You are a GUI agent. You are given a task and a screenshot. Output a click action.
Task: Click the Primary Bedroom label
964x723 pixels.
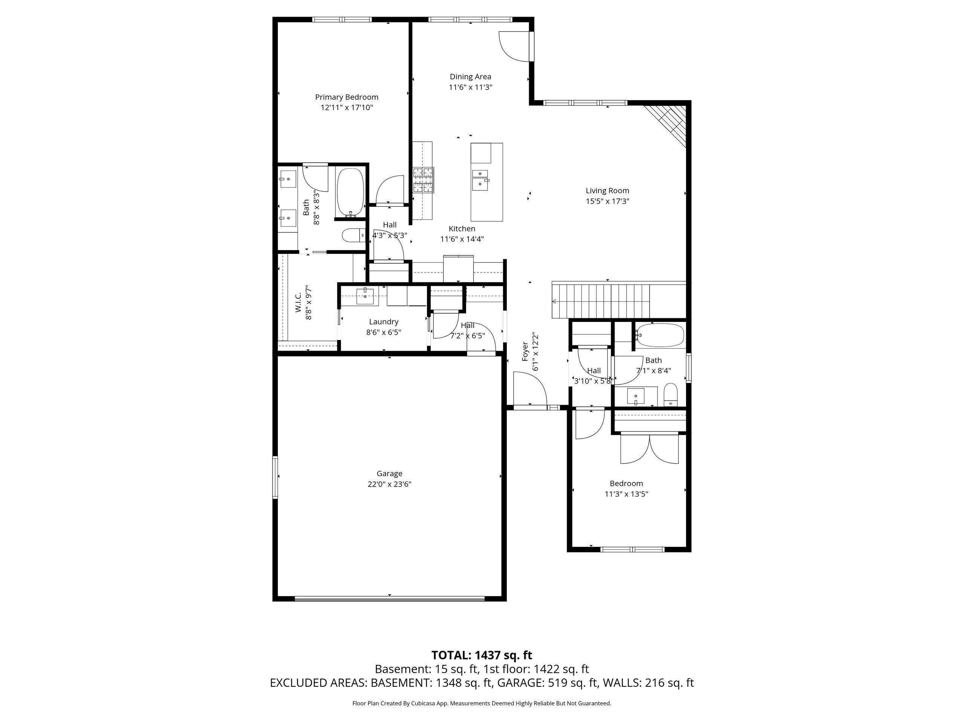(346, 97)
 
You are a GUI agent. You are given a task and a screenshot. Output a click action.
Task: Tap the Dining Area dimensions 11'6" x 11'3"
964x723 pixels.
(470, 87)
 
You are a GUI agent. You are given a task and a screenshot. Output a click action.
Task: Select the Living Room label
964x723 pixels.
(607, 191)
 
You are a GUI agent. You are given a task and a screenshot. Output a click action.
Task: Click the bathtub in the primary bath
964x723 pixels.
(350, 193)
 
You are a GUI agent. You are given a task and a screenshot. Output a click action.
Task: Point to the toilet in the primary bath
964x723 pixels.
(353, 236)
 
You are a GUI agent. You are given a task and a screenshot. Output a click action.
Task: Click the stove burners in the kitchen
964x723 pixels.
(424, 180)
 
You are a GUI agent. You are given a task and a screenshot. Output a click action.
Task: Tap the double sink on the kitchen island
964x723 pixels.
(480, 179)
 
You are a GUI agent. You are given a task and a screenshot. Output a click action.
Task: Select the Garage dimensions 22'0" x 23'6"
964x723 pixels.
(389, 484)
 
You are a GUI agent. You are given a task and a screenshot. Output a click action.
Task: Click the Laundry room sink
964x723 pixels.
(365, 296)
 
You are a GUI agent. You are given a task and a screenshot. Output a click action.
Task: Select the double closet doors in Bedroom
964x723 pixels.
(649, 449)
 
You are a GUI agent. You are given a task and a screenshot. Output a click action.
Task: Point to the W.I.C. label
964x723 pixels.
(299, 302)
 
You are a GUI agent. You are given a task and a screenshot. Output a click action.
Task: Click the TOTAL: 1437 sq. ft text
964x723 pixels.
(482, 655)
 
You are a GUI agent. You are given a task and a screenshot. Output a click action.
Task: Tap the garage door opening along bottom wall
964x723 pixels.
(389, 599)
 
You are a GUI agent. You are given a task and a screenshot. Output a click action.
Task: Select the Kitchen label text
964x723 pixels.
(462, 228)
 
